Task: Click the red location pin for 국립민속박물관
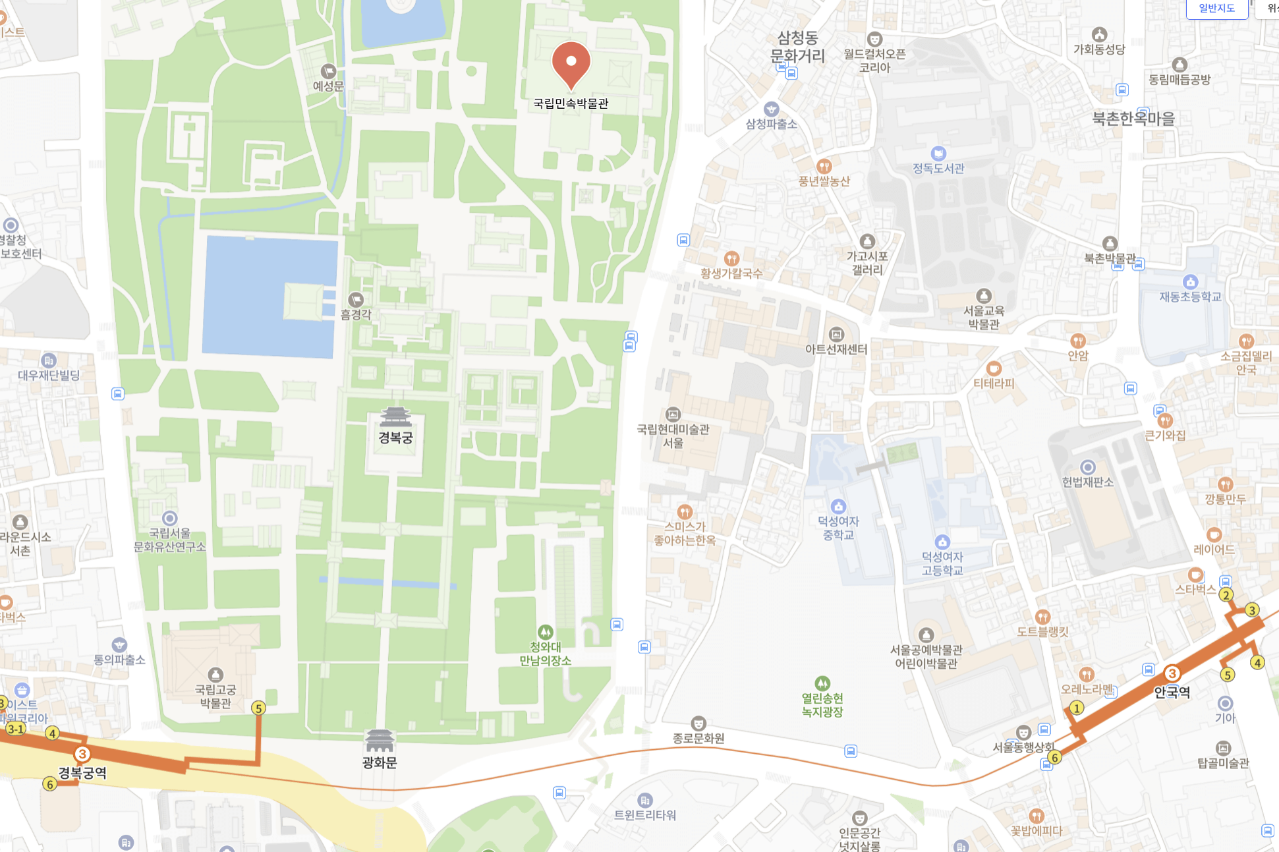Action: click(571, 63)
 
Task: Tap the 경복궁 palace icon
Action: click(395, 416)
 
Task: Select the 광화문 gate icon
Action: click(380, 741)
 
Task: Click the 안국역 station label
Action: click(1172, 692)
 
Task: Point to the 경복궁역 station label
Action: click(82, 772)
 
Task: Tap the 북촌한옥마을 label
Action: click(1133, 119)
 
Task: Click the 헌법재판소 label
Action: click(1087, 482)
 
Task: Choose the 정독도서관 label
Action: click(938, 168)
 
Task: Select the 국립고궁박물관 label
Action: click(215, 696)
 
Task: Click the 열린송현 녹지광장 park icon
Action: click(822, 683)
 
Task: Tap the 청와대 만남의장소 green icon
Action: click(545, 633)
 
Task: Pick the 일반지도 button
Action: click(1216, 9)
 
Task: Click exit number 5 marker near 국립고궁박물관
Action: click(258, 708)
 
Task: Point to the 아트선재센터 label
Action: click(836, 349)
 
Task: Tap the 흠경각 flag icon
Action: click(356, 300)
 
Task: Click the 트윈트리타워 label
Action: click(645, 815)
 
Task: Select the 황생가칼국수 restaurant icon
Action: click(731, 258)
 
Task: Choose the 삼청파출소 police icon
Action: click(771, 109)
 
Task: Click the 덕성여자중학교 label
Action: click(838, 528)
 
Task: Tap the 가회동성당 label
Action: click(1099, 49)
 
